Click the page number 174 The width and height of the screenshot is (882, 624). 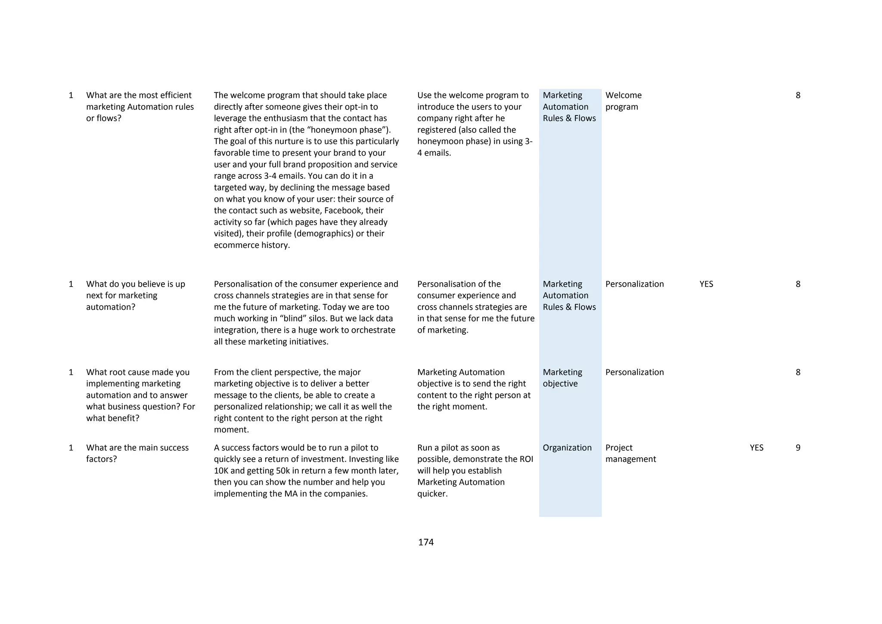point(425,542)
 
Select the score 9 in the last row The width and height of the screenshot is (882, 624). point(798,448)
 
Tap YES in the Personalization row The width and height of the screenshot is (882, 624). point(706,284)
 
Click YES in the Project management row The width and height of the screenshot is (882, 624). point(756,448)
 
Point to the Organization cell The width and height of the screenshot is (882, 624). point(567,448)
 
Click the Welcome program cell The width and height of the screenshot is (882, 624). point(623,101)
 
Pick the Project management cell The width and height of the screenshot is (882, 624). point(630,453)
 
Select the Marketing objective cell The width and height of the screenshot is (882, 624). point(562,378)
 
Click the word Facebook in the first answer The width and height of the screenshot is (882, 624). point(343,211)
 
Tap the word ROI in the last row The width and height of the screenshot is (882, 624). point(526,459)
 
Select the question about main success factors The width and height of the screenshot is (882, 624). point(137,453)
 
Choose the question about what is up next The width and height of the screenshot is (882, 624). point(135,296)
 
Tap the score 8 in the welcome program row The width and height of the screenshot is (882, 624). point(798,95)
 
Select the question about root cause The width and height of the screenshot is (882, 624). point(140,395)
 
